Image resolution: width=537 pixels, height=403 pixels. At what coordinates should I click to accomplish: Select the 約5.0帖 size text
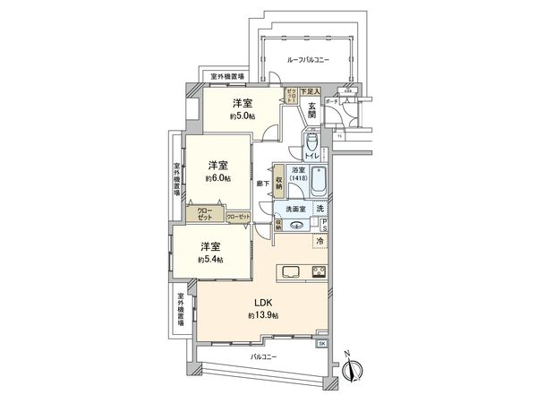point(241,116)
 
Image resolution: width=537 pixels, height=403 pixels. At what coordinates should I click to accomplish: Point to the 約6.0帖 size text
point(217,178)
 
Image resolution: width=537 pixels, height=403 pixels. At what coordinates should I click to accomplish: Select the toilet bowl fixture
point(310,143)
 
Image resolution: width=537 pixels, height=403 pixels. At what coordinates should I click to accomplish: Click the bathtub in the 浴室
point(315,182)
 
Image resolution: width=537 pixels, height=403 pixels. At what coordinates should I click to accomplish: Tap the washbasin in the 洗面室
point(295,224)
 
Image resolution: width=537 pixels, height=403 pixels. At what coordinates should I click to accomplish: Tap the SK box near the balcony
point(322,343)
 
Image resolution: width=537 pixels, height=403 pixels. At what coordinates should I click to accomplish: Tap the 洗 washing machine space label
point(320,210)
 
